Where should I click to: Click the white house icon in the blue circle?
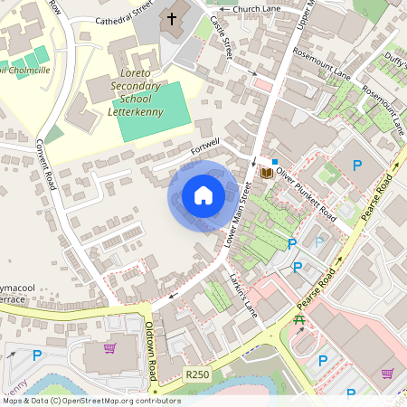(203, 195)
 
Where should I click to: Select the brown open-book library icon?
(266, 172)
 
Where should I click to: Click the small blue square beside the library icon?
(275, 161)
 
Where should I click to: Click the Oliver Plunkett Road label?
(308, 192)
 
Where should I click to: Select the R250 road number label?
(197, 374)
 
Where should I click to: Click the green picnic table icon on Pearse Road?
(299, 321)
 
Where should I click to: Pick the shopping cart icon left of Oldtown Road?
(109, 347)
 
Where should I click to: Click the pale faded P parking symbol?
(318, 241)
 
